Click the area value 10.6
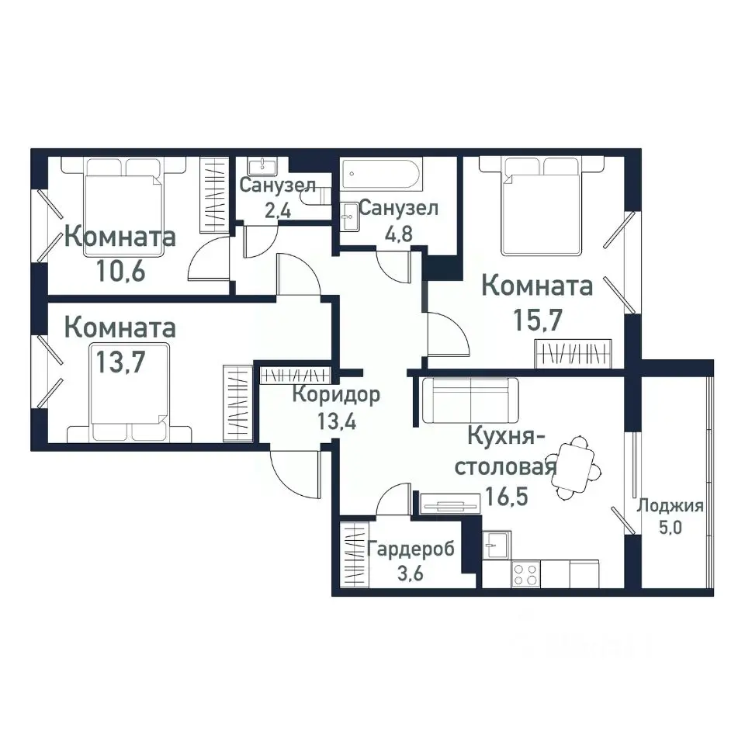point(120,271)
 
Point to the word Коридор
point(336,395)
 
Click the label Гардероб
point(411,549)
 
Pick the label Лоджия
point(670,507)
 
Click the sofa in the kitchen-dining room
point(470,400)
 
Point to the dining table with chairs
point(575,468)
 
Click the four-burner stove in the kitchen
point(526,574)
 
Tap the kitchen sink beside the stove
point(496,545)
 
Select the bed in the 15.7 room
point(541,205)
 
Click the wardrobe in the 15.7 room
point(575,353)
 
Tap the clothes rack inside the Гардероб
point(354,555)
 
